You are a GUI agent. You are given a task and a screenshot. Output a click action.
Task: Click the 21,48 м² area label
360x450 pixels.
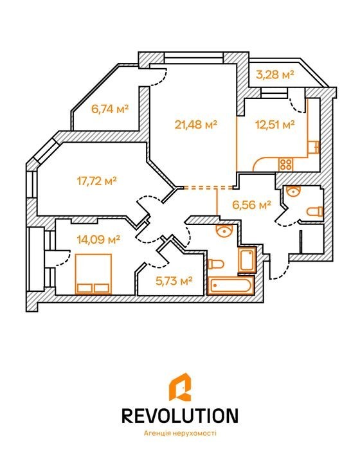(x=195, y=125)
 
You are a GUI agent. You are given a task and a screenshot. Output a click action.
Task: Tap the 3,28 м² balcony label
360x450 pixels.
(x=275, y=75)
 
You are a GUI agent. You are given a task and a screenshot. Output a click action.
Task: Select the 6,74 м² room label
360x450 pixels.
(x=110, y=109)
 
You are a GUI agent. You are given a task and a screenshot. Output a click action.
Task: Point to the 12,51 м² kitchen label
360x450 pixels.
(x=275, y=125)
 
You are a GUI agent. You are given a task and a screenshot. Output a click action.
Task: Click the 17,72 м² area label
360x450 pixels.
(x=97, y=181)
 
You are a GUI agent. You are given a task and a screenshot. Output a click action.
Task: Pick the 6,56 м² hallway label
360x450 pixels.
(x=252, y=205)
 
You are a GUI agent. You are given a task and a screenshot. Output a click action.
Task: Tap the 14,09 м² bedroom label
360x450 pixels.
(x=98, y=239)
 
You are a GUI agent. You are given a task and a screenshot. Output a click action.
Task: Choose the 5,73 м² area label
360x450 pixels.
(x=174, y=281)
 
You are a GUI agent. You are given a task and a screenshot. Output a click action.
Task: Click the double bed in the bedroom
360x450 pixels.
(x=93, y=274)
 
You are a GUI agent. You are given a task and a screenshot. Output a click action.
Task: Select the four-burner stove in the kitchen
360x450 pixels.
(x=286, y=165)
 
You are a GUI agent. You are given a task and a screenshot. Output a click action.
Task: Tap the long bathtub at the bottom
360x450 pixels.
(x=231, y=285)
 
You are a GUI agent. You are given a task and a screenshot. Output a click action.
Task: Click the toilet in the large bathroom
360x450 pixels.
(x=215, y=264)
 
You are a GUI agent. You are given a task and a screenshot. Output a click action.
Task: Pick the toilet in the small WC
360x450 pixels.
(x=314, y=212)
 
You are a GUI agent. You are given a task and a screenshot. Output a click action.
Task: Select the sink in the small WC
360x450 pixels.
(x=293, y=190)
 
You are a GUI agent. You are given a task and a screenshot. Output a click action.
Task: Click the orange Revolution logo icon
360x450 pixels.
(x=180, y=388)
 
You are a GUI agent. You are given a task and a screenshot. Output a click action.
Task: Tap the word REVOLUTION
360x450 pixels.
(x=180, y=415)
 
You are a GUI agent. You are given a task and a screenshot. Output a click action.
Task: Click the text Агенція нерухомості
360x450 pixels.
(x=180, y=433)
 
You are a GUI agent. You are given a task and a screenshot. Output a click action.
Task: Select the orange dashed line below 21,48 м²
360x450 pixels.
(x=208, y=188)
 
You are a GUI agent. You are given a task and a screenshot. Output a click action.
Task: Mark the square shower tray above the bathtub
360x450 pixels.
(x=247, y=260)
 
